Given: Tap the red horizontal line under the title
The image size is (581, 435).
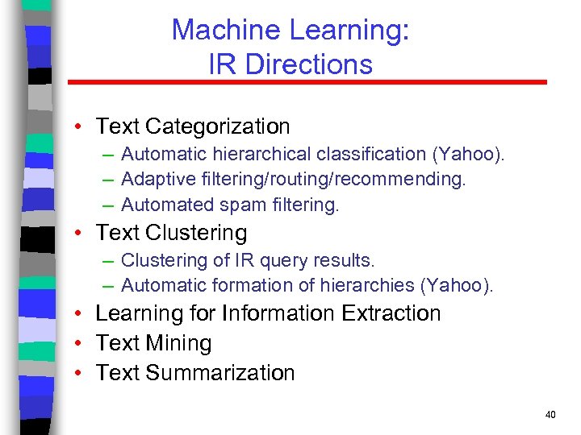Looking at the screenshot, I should [307, 82].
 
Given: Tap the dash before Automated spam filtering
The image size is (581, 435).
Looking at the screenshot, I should [107, 205].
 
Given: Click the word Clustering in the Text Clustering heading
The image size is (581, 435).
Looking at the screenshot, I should [196, 233].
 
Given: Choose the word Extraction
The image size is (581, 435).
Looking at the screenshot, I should [391, 313].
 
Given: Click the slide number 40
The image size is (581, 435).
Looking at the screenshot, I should [550, 415].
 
